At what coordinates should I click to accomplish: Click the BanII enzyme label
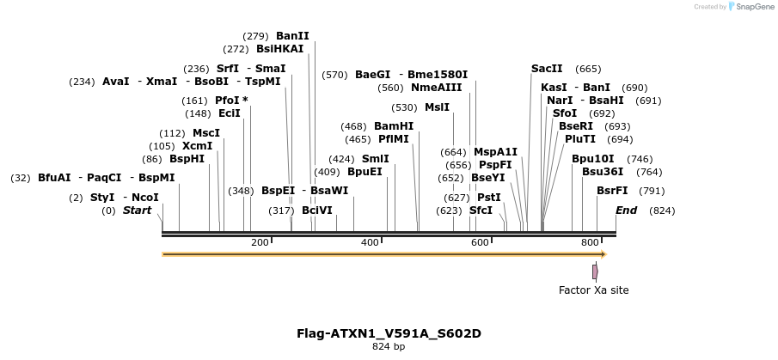pos(292,36)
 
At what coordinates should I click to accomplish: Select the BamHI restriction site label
pos(394,126)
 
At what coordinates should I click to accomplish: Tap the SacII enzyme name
pos(547,69)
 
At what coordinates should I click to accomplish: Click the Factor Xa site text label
pos(593,290)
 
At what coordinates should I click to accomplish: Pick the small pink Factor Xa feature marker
pos(595,272)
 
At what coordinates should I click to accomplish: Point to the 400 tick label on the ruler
pos(370,243)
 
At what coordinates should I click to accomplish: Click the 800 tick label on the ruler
pos(589,243)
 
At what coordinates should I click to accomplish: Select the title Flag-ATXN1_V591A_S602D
pos(395,333)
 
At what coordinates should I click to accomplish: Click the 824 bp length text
pos(389,347)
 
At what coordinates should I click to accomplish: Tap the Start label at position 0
pos(137,211)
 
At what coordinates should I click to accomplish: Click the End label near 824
pos(626,211)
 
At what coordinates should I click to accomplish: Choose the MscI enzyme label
pos(206,133)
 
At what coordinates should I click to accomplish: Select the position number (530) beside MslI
pos(403,107)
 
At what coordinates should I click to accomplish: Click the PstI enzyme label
pos(489,197)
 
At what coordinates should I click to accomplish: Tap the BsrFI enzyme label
pos(612,191)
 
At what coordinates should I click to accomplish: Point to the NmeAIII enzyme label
pos(436,88)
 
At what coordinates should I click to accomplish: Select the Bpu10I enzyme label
pos(593,159)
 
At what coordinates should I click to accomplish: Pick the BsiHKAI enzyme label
pos(279,49)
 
